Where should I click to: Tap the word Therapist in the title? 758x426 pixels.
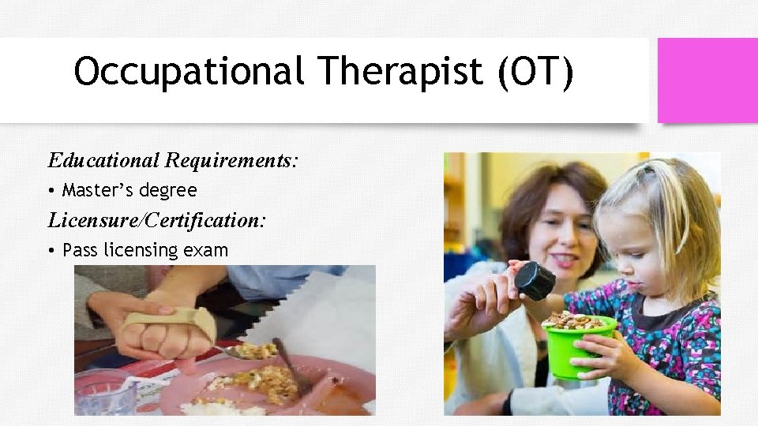pyautogui.click(x=400, y=73)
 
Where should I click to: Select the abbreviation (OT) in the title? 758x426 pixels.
pyautogui.click(x=535, y=73)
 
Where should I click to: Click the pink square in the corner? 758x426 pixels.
pyautogui.click(x=707, y=80)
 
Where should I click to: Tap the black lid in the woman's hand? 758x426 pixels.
pyautogui.click(x=535, y=280)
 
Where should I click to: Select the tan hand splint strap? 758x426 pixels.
pyautogui.click(x=170, y=319)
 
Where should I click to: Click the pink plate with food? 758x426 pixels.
pyautogui.click(x=261, y=387)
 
